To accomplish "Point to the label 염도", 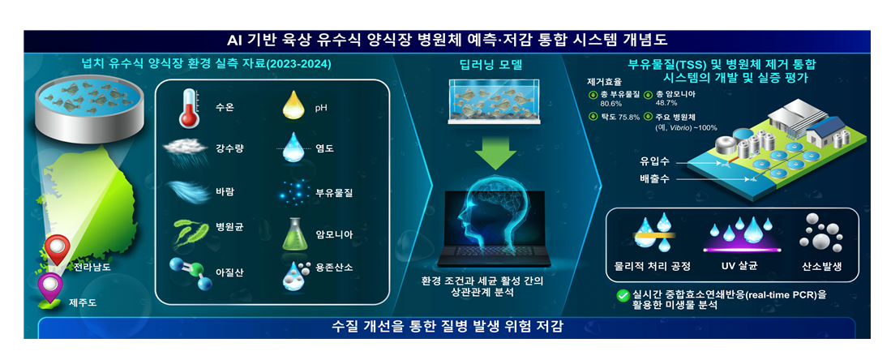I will pyautogui.click(x=325, y=148).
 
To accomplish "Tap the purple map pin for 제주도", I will pyautogui.click(x=50, y=285).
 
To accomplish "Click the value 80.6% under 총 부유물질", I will pyautogui.click(x=610, y=104).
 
